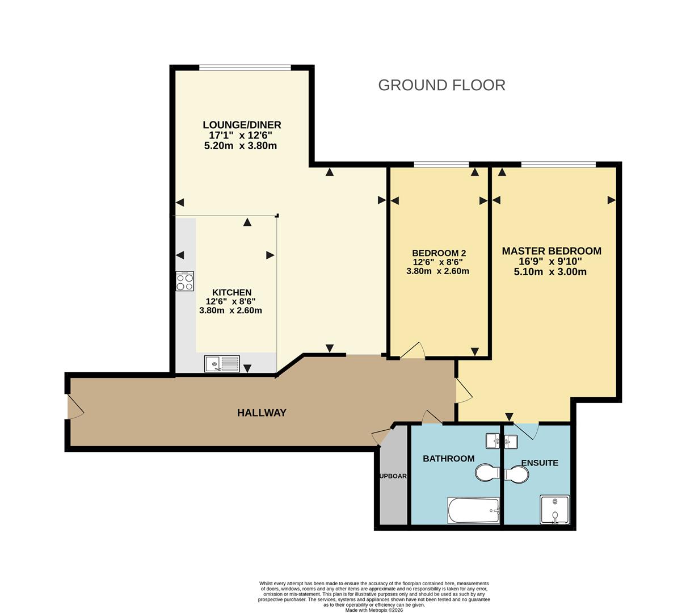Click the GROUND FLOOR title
coord(441,85)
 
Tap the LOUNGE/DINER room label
coord(242,125)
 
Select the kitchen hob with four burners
coord(184,281)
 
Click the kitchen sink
coord(222,363)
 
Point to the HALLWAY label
coord(262,413)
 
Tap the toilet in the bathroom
coord(487,473)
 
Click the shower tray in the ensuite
coord(554,509)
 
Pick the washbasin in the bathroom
coord(493,440)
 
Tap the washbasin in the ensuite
coord(511,440)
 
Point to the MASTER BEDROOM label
coord(552,251)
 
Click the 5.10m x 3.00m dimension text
coord(550,272)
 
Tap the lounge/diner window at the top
coord(245,68)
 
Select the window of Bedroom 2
coord(441,165)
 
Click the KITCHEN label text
coord(232,292)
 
